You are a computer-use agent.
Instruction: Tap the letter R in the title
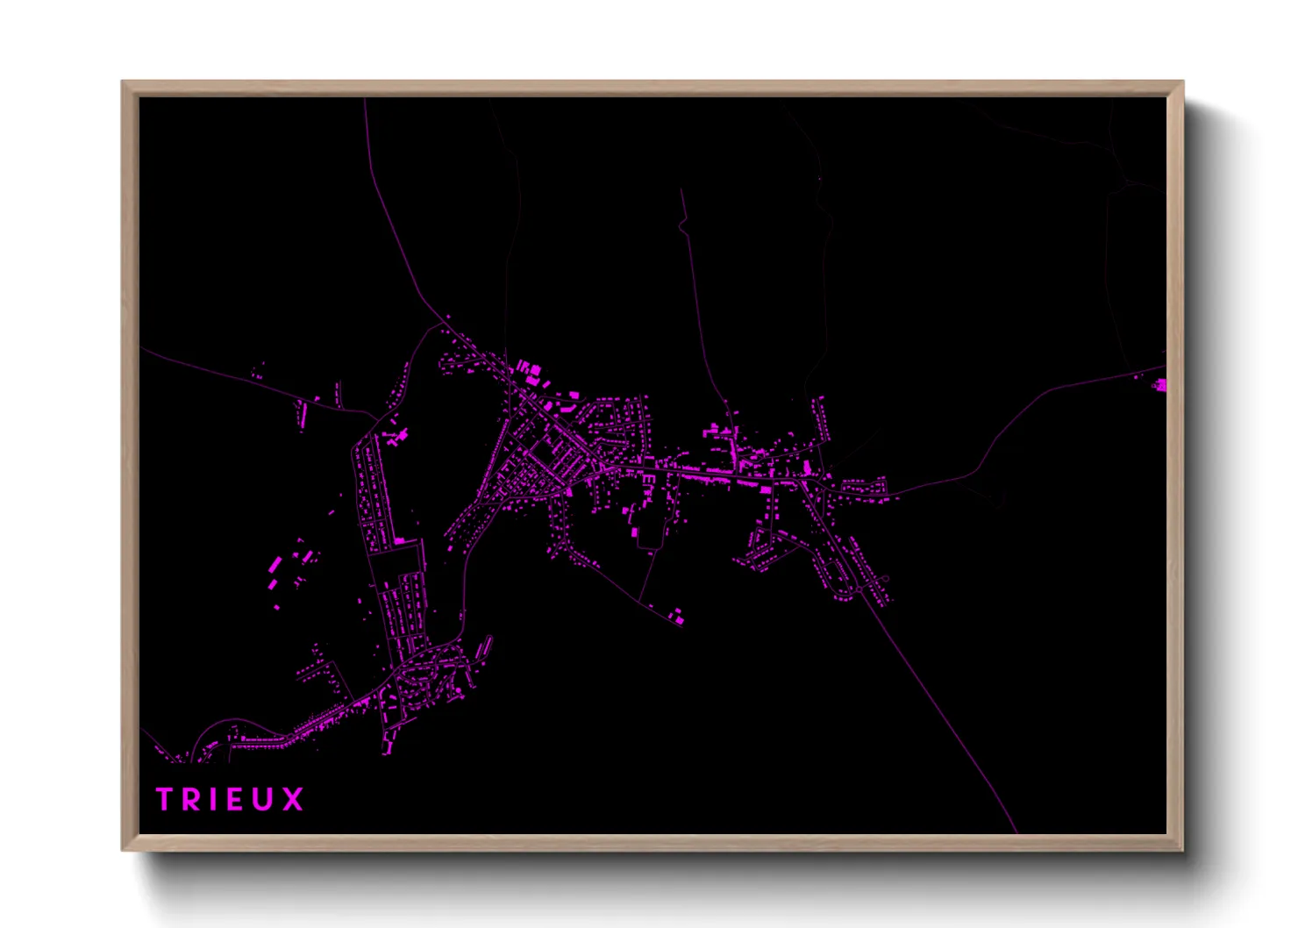pos(191,799)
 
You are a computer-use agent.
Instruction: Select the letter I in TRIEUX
pos(213,799)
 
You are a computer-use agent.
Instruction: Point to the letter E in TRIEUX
pos(234,799)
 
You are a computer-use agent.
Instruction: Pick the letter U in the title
pos(263,799)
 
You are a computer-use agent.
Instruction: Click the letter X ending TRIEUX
pos(293,799)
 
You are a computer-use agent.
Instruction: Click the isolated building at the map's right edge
pos(1160,384)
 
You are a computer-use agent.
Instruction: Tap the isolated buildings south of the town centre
pos(677,617)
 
